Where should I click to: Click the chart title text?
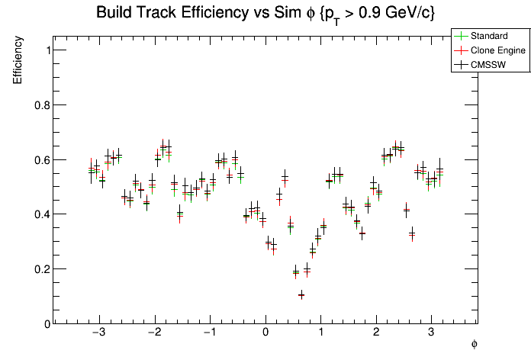pyautogui.click(x=265, y=13)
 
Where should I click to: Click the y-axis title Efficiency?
pyautogui.click(x=18, y=61)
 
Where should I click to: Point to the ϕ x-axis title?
pyautogui.click(x=474, y=344)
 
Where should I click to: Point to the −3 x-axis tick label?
pyautogui.click(x=98, y=333)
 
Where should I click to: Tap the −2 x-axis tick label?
pyautogui.click(x=153, y=333)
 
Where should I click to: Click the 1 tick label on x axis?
pyautogui.click(x=321, y=333)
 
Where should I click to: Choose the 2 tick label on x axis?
pyautogui.click(x=376, y=333)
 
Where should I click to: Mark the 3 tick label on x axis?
pyautogui.click(x=431, y=333)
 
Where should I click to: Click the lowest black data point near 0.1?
pyautogui.click(x=301, y=295)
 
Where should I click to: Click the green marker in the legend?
pyautogui.click(x=459, y=36)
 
